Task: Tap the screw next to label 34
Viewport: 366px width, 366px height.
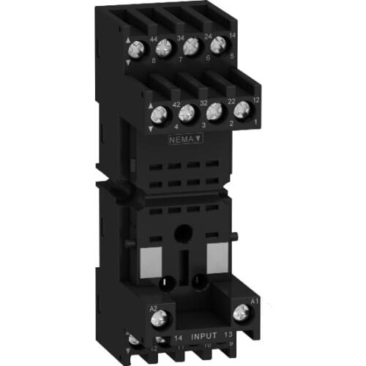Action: (x=164, y=48)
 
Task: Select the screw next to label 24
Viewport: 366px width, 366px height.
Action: (x=192, y=45)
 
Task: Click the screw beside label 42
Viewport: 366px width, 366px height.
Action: (x=159, y=115)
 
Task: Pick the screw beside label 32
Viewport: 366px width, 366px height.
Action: (x=187, y=113)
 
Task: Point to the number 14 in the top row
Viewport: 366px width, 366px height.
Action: (x=231, y=35)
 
